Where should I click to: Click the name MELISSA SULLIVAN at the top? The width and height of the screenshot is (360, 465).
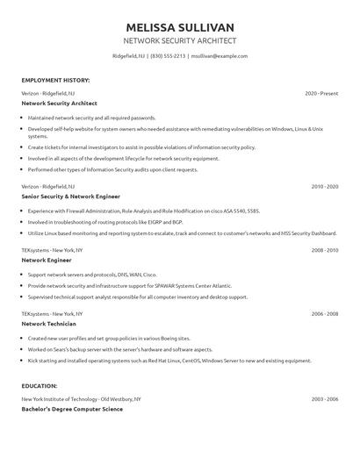180,26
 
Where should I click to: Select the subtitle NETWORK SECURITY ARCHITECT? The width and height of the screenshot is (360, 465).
180,41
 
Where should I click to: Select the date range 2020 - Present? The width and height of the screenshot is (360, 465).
321,93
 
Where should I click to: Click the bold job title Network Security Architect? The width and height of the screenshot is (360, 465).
60,104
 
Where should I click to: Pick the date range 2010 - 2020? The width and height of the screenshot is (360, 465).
324,187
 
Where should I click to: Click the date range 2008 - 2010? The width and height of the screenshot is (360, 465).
324,250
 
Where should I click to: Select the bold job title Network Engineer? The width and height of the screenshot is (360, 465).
46,261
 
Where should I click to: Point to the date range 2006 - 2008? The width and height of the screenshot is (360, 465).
324,313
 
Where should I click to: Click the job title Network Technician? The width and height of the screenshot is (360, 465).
49,324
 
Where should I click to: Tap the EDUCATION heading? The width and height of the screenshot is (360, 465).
40,385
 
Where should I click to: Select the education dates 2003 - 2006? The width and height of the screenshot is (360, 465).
324,398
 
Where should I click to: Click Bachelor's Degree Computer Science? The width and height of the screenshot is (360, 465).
72,409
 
